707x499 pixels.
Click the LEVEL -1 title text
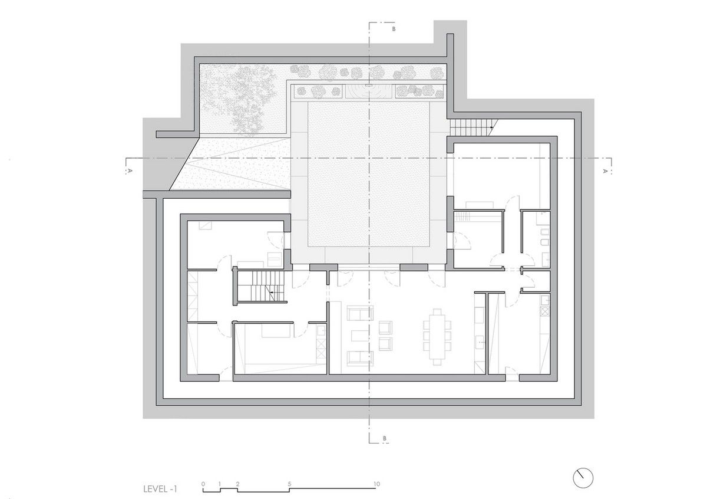tap(160, 489)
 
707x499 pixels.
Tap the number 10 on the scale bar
tap(376, 484)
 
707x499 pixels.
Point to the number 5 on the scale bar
tap(289, 484)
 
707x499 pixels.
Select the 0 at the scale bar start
tap(203, 484)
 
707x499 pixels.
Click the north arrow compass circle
tap(583, 478)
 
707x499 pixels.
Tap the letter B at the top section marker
tap(394, 29)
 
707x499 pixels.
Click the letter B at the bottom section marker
tap(384, 438)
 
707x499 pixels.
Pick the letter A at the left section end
tap(129, 171)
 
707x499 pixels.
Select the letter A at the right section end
tap(605, 171)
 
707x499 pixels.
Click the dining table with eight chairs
tap(437, 337)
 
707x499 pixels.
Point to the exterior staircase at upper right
tap(473, 127)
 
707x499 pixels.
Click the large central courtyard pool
tap(369, 174)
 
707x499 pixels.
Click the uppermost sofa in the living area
tap(360, 313)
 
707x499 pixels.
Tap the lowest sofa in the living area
tap(360, 358)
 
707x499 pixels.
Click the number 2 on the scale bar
tap(237, 484)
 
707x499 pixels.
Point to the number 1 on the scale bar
tap(220, 484)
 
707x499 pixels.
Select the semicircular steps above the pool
tap(369, 91)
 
